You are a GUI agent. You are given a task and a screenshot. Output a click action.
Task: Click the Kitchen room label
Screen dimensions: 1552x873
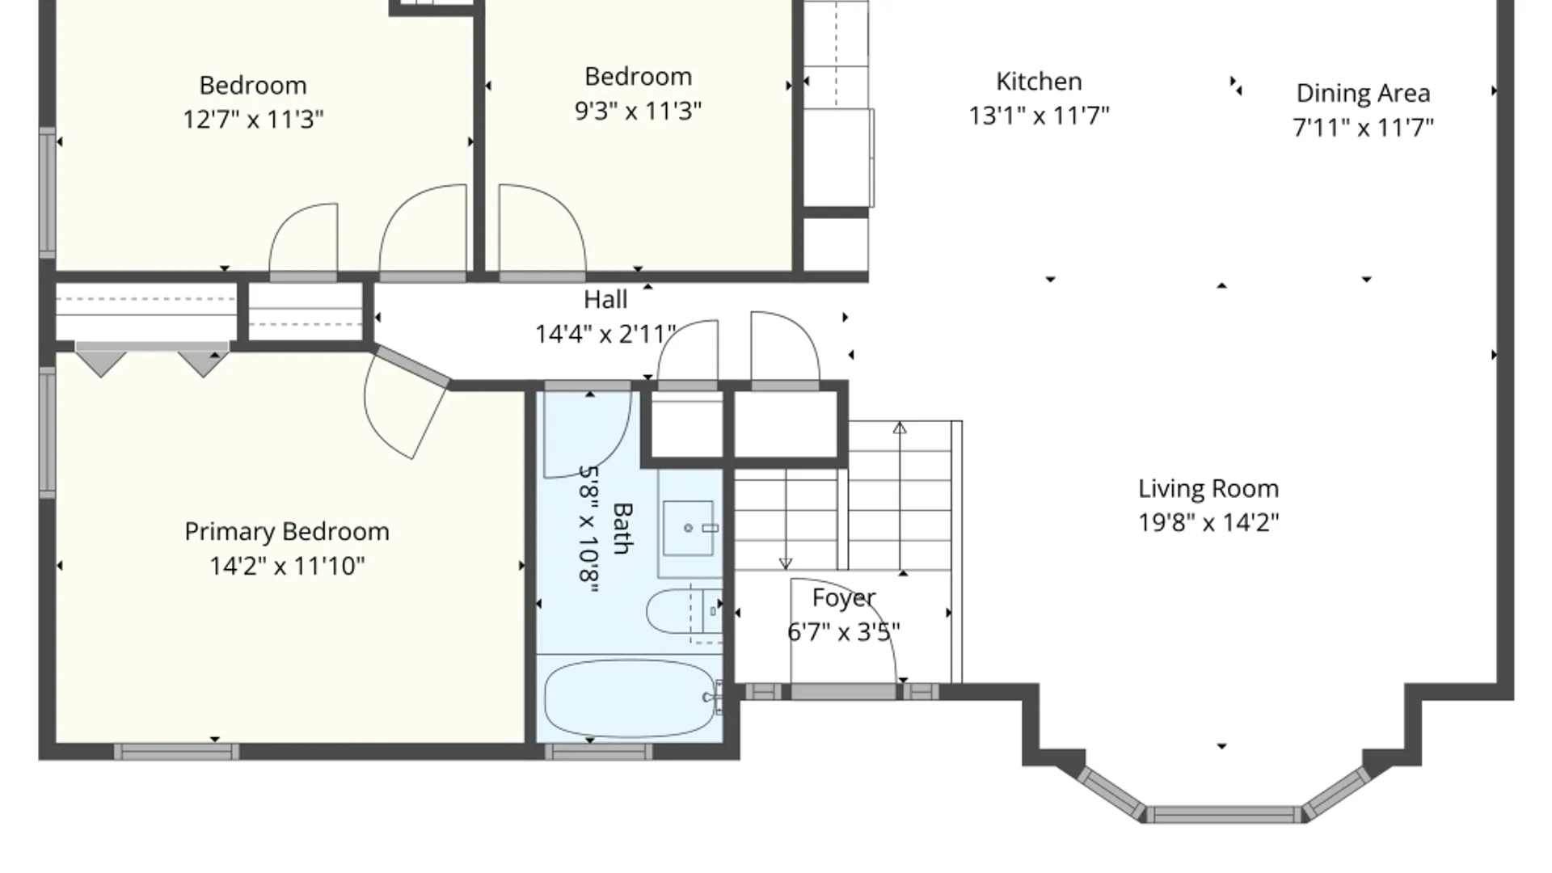point(1039,82)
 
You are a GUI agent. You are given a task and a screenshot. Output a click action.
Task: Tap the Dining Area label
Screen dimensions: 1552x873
point(1363,94)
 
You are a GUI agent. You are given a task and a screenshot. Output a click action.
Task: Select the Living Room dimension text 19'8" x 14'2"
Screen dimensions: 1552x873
point(1208,523)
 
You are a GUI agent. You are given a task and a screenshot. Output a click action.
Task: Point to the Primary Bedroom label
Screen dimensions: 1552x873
point(287,532)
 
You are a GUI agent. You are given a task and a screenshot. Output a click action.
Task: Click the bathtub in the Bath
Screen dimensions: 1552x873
point(630,698)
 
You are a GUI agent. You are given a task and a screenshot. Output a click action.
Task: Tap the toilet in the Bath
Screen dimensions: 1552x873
point(683,612)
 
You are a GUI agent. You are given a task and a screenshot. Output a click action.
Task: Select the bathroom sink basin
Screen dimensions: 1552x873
point(689,528)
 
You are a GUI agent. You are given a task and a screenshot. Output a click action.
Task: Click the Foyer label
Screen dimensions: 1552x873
point(844,598)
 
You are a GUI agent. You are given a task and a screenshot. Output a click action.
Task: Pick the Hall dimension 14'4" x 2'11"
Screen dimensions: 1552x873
point(605,334)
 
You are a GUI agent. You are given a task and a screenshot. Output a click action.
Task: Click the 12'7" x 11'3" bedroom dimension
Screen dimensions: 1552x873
point(253,120)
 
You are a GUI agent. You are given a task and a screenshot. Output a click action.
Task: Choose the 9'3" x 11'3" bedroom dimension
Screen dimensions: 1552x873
point(638,111)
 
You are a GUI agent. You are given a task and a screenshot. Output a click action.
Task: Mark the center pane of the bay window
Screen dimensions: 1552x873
point(1224,814)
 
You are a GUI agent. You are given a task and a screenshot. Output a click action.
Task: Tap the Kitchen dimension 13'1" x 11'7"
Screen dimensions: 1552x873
point(1039,116)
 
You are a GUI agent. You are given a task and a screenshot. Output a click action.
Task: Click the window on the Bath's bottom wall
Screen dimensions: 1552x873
point(598,752)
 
